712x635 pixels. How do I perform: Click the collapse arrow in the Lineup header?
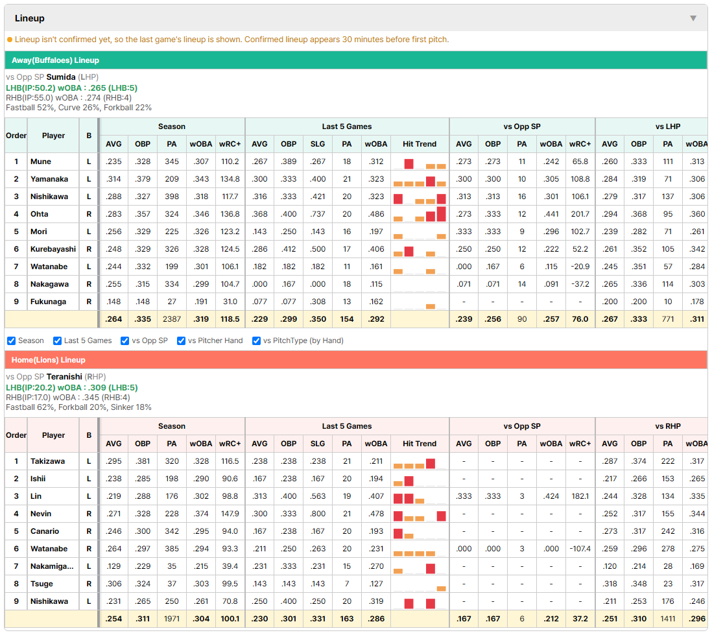tap(693, 18)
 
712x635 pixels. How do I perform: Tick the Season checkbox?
tap(12, 341)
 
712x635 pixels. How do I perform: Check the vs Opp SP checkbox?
tap(125, 341)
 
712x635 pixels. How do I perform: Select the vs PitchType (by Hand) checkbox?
tap(256, 341)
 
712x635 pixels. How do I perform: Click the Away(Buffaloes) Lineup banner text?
tap(55, 60)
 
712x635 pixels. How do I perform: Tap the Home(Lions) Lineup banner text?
tap(49, 360)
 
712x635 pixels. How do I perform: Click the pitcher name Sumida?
tap(61, 77)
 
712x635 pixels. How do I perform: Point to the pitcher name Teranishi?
tap(64, 377)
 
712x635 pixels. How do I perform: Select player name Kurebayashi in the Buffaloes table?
tap(53, 249)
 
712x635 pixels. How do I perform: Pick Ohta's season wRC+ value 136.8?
tap(230, 214)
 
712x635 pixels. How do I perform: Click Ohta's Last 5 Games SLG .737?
tap(317, 214)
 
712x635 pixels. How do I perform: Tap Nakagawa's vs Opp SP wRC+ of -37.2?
tap(580, 284)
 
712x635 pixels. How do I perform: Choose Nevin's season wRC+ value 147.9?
tap(230, 514)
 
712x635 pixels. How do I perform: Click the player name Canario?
tap(45, 531)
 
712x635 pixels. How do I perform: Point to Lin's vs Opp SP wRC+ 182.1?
tap(580, 496)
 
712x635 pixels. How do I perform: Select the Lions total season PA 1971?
tap(172, 619)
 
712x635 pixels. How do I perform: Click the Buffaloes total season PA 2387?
tap(172, 319)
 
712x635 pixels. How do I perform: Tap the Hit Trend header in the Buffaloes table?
tap(419, 144)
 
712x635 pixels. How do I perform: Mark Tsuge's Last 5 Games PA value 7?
tap(347, 584)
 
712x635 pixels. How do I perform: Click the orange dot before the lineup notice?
tap(10, 40)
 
